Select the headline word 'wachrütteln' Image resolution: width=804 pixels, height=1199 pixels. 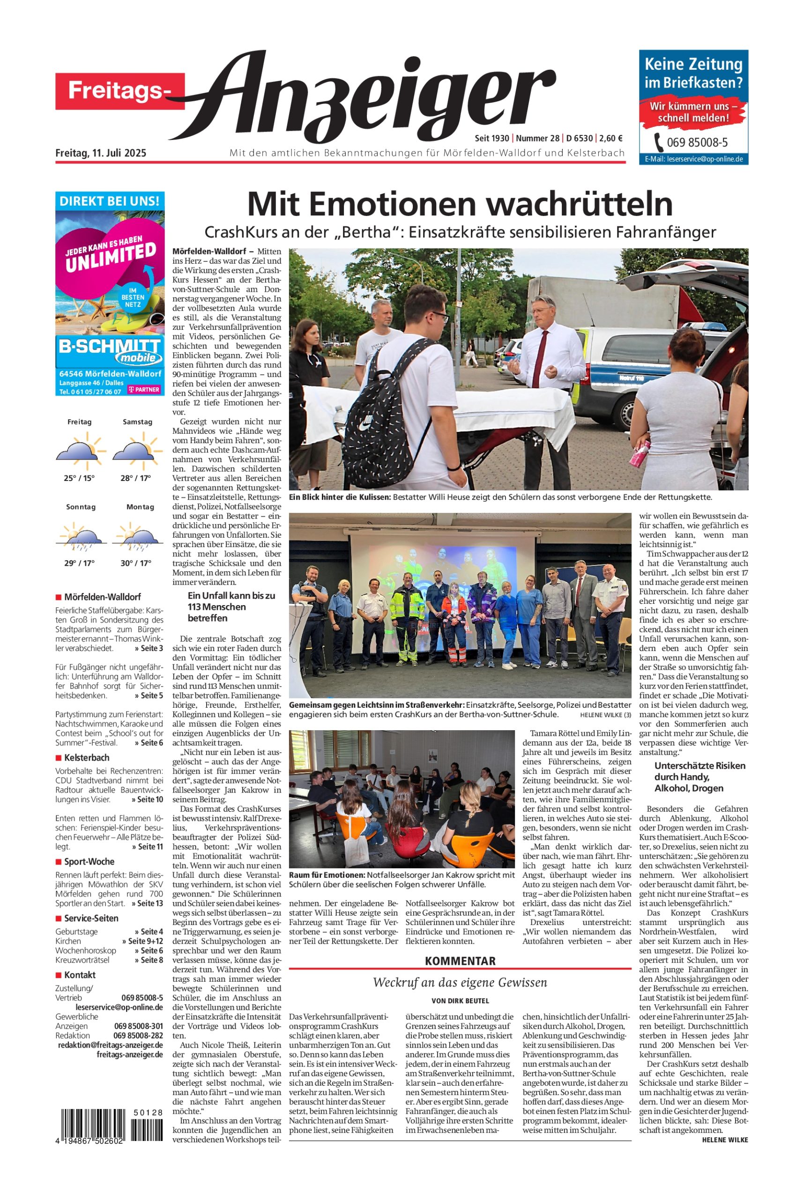580,205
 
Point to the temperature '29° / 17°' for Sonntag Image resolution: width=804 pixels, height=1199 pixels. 79,563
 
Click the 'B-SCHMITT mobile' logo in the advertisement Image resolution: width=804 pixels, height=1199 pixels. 110,351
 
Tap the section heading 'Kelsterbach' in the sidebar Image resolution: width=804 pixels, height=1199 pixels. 86,757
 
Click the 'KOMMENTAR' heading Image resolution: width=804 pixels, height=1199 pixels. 460,961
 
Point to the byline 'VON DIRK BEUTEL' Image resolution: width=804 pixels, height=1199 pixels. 460,1000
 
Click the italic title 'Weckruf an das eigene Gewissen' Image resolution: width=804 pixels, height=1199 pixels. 460,982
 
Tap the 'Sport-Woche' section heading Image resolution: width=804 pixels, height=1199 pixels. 89,862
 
